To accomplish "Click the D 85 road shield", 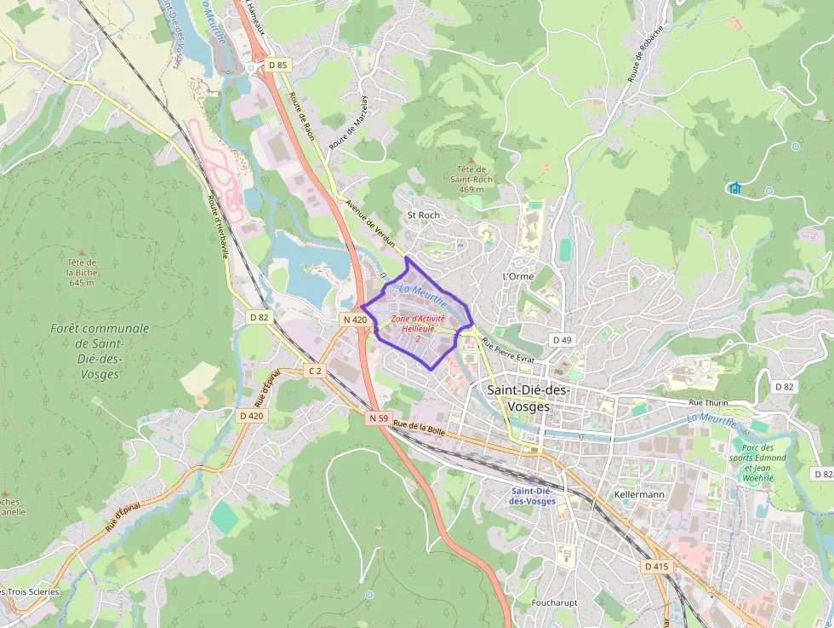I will coord(277,65).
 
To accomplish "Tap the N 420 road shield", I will coord(355,320).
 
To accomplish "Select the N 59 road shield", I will coord(379,418).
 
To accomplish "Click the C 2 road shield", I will coord(316,371).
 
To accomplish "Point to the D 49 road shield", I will coord(562,340).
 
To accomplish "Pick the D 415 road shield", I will coord(656,566).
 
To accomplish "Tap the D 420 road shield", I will coord(252,415).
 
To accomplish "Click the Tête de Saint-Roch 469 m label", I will coord(471,179).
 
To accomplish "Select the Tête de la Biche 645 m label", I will coord(83,272).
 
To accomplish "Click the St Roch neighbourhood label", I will coord(424,215).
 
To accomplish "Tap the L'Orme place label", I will coord(517,277).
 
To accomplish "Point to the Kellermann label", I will coord(638,494).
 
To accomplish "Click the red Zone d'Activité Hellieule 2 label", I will coord(418,328).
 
